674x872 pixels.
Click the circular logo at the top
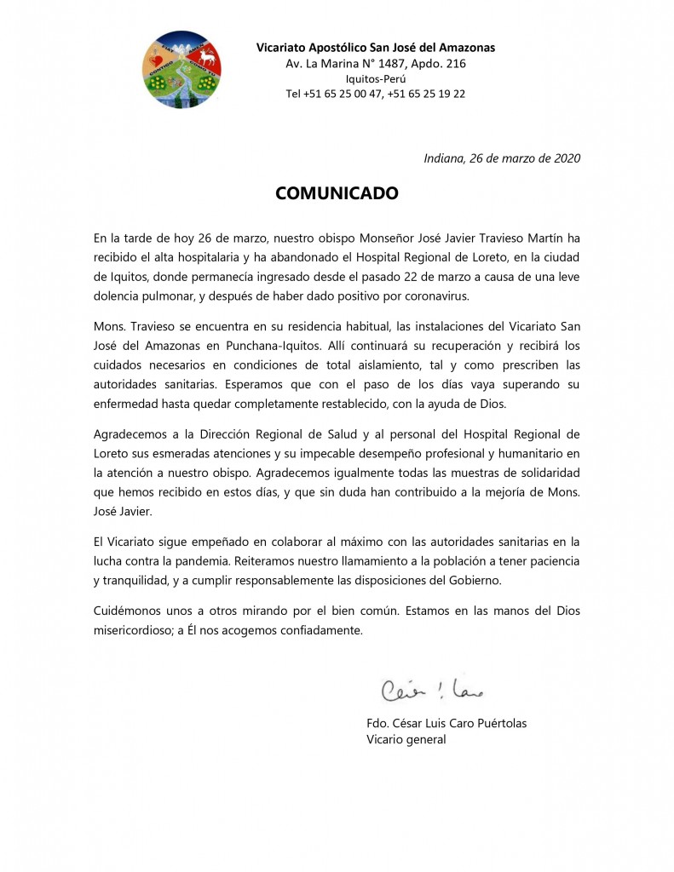click(181, 71)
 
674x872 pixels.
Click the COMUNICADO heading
click(337, 193)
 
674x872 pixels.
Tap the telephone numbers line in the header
click(375, 95)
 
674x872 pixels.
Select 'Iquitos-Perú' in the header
click(375, 79)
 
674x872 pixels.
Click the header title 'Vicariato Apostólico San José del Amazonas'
click(376, 48)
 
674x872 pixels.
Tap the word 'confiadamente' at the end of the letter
click(320, 631)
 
